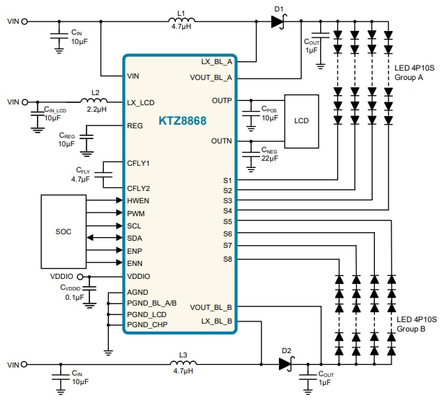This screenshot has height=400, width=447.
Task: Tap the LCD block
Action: pos(301,121)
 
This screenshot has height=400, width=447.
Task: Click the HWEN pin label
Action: pos(139,200)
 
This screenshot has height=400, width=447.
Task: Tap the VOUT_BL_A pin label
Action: pos(211,77)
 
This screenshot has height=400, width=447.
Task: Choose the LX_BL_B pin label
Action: pos(216,320)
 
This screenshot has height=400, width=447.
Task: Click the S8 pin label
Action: pos(227,258)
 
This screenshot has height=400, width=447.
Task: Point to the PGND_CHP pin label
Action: pos(148,325)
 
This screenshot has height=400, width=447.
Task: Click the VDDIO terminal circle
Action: pos(90,276)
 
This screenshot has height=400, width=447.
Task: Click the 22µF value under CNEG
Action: pos(269,157)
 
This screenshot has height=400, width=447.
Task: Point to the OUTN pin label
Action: pos(221,141)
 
